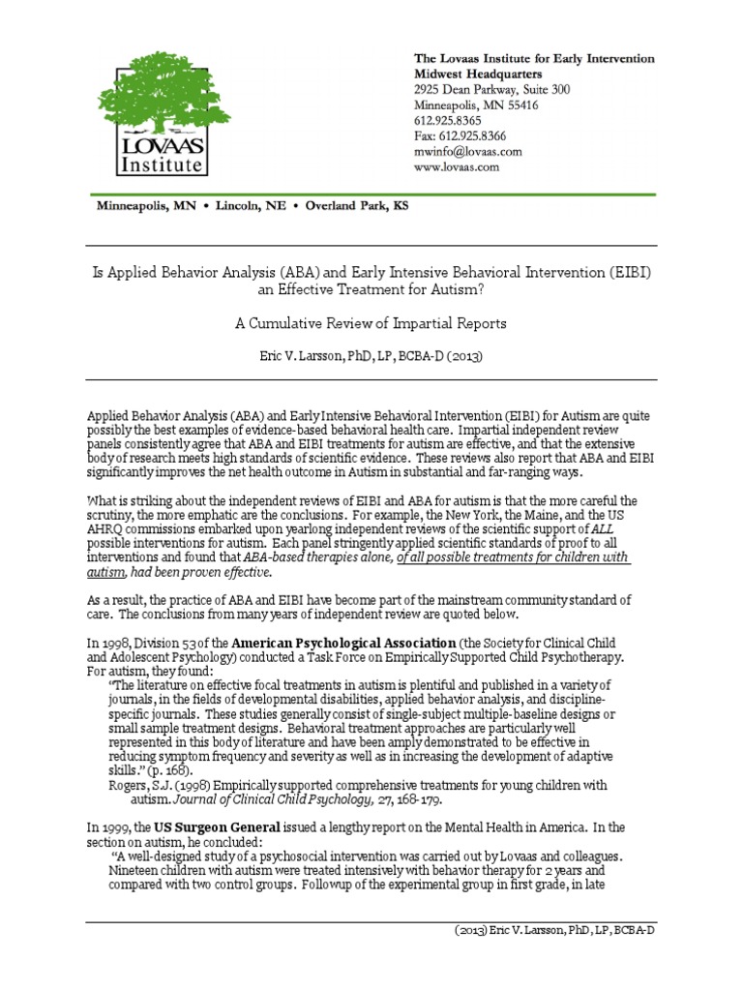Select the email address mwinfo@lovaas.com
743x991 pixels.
coord(468,152)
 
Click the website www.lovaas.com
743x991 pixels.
coord(457,167)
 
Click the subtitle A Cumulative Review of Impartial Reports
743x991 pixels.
coord(371,323)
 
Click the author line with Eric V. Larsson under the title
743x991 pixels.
coord(371,355)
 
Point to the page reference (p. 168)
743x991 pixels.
coord(180,770)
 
